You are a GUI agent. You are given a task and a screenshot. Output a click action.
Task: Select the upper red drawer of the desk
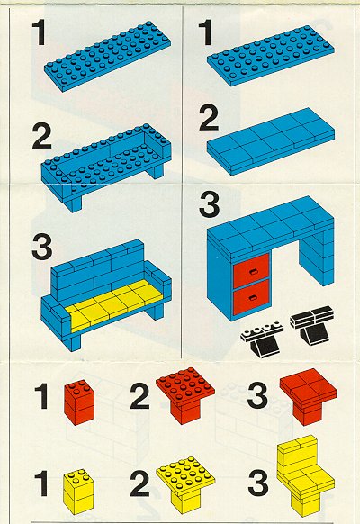coord(251,271)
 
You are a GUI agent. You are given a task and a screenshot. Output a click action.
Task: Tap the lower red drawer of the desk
coord(251,297)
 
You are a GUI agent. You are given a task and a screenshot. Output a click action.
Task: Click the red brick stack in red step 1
coord(79,402)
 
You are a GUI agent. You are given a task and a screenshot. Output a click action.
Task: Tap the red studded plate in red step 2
coord(185,388)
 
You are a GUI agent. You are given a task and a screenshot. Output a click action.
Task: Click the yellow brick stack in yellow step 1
coord(79,491)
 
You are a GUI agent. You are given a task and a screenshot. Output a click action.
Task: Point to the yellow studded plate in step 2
coord(185,475)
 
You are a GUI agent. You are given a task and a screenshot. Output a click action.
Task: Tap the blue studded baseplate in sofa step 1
coord(107,55)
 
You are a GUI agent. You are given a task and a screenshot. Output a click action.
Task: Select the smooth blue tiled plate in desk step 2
coord(271,140)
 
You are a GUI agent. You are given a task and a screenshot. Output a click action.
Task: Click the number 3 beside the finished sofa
coord(41,247)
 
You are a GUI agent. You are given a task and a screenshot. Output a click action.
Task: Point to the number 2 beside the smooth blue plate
coord(209,118)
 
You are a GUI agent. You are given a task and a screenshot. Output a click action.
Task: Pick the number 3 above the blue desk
coord(209,203)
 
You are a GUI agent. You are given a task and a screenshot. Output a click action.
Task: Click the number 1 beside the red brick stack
coord(42,396)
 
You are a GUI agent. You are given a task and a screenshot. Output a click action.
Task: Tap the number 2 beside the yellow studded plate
coord(139,483)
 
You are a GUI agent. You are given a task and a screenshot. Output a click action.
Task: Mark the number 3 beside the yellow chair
coord(257,483)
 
